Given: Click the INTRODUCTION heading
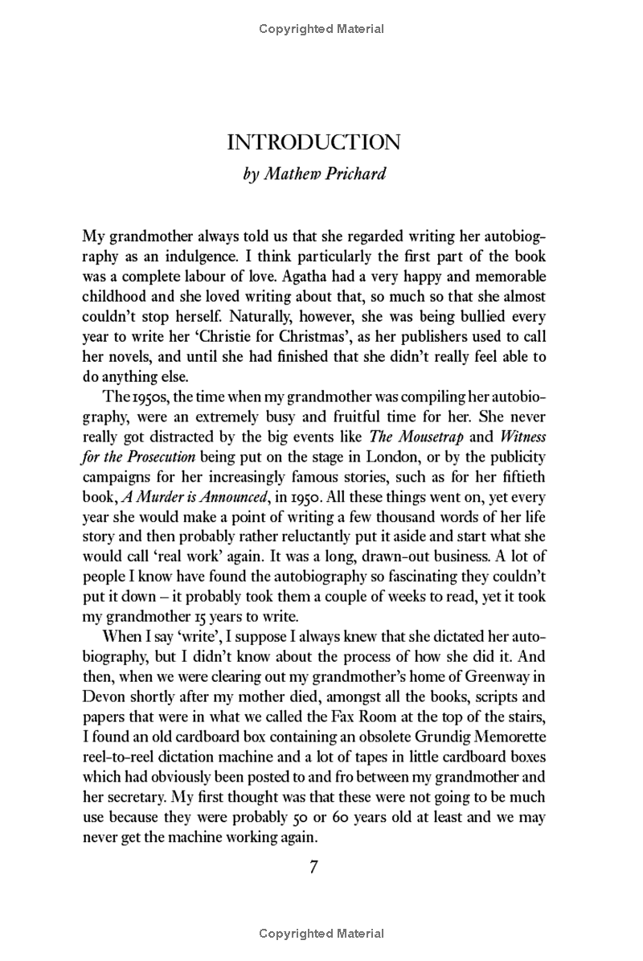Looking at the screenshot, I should click(x=313, y=143).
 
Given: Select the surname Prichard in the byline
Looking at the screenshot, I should click(x=354, y=174).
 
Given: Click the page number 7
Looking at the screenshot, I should click(x=314, y=867).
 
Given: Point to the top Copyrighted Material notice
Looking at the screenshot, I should click(x=321, y=30).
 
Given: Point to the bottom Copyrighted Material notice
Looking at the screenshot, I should click(x=321, y=934).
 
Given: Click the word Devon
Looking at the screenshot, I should click(x=103, y=687).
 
